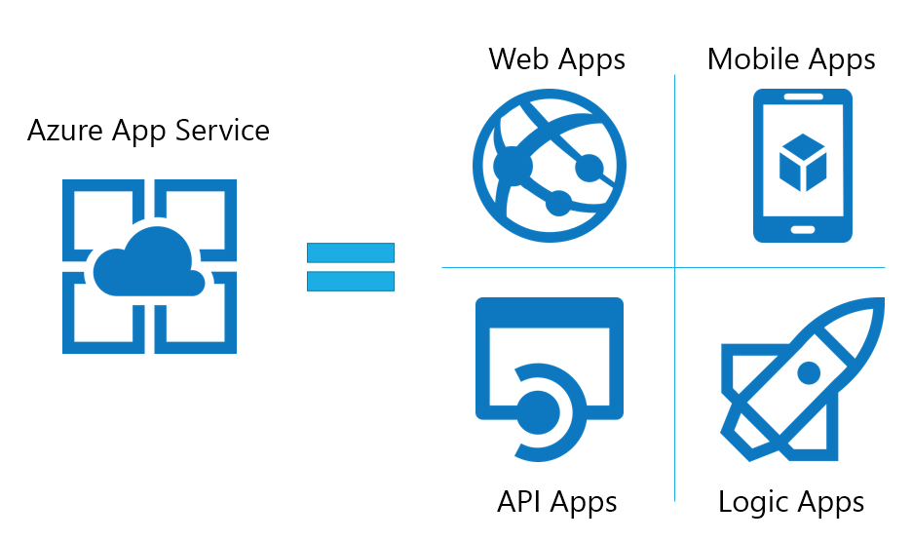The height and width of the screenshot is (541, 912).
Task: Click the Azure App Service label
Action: [x=148, y=130]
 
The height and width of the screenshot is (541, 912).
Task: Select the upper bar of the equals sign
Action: [x=351, y=252]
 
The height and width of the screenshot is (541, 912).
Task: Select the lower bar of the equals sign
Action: [x=351, y=281]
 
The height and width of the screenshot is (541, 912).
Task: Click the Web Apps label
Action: [x=556, y=58]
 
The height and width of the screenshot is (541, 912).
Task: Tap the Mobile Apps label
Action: [x=791, y=58]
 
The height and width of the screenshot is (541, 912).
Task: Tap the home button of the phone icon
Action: [x=802, y=230]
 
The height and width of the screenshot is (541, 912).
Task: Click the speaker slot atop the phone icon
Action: [x=802, y=97]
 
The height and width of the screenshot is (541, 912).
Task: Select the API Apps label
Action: [x=556, y=501]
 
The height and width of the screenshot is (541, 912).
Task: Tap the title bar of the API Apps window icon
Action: [x=549, y=311]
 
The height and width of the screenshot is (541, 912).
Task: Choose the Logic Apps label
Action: [x=791, y=502]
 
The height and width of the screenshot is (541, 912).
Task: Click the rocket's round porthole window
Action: [x=809, y=372]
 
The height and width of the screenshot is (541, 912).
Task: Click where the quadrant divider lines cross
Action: [x=674, y=267]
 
